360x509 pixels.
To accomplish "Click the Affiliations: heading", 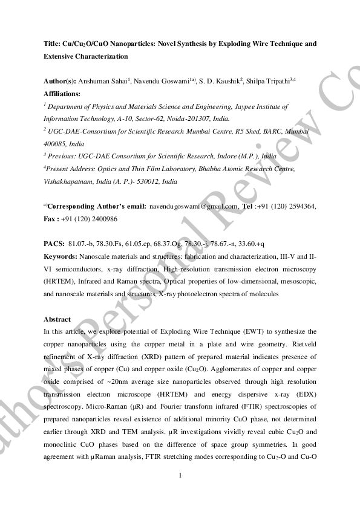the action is coord(62,94).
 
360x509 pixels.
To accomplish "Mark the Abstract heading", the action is coord(57,319).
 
